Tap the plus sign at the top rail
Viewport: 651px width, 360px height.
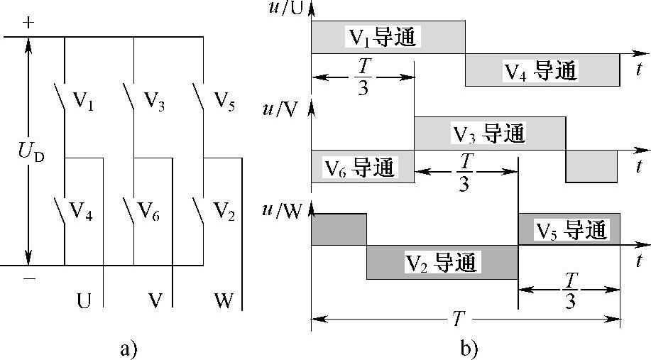(28, 22)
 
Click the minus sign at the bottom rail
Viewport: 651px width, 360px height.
(28, 279)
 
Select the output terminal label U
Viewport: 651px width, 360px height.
(84, 300)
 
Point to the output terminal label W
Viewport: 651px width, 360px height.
(223, 300)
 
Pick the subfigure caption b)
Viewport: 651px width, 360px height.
(469, 348)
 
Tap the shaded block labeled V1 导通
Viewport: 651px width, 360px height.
(388, 37)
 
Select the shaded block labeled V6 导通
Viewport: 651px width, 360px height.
(361, 167)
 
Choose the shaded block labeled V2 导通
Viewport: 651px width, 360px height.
(442, 262)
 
